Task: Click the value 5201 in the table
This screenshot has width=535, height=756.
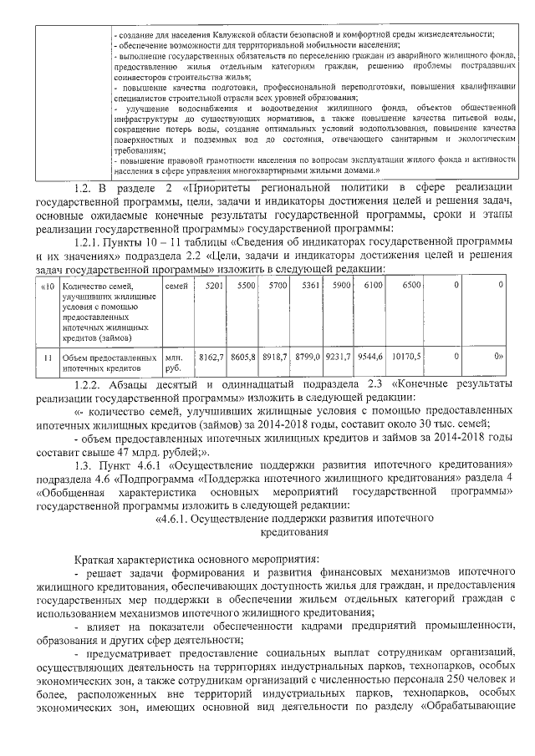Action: pos(213,286)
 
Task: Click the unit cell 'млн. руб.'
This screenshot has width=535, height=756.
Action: pos(174,362)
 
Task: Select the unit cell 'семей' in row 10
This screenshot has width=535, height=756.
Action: pos(176,286)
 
